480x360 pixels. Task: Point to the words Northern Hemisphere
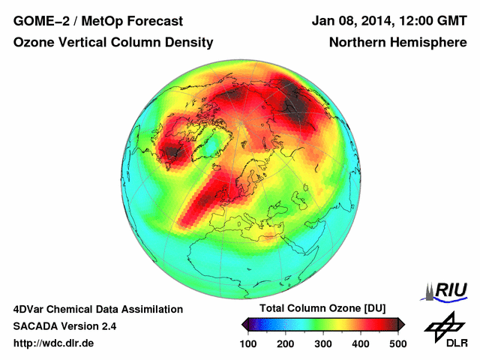tap(398, 43)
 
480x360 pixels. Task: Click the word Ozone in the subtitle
tap(34, 43)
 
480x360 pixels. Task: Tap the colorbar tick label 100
tap(249, 343)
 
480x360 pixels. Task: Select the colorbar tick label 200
tap(286, 343)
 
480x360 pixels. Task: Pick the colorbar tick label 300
tap(323, 343)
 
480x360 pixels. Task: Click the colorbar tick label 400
tap(360, 343)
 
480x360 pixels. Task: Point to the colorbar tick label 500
tap(397, 343)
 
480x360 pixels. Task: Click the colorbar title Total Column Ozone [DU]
tap(323, 309)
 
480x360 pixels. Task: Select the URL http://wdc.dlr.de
tap(54, 343)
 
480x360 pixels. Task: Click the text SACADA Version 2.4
tap(64, 326)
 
